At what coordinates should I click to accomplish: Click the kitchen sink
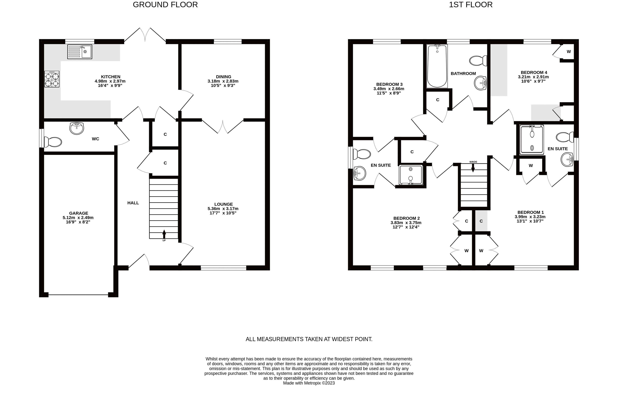click(x=79, y=52)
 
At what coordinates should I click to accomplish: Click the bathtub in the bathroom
click(x=437, y=66)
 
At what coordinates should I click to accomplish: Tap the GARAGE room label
click(x=78, y=213)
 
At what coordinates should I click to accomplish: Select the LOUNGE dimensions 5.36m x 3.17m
click(x=223, y=208)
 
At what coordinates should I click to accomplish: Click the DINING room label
click(x=224, y=77)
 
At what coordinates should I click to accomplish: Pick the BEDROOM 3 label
click(x=389, y=84)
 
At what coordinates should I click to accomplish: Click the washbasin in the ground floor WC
click(x=77, y=128)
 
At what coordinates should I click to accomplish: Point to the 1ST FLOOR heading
click(x=471, y=5)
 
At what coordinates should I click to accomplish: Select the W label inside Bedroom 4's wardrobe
click(x=569, y=51)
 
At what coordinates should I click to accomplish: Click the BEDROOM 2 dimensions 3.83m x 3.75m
click(x=406, y=222)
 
